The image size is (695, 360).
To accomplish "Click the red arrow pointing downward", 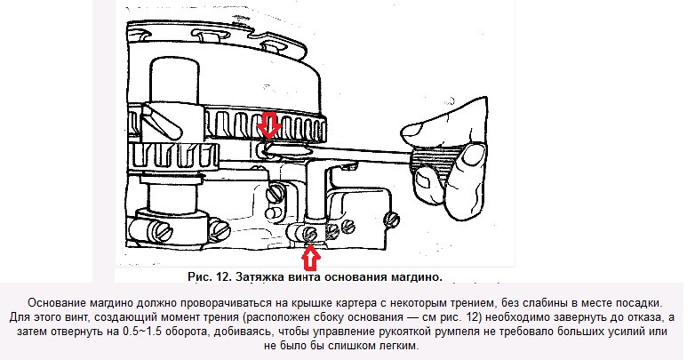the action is click(269, 124).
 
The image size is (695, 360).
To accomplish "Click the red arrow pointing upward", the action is click(311, 259).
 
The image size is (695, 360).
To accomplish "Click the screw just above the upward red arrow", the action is click(310, 234).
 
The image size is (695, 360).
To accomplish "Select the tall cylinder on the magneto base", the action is click(173, 83).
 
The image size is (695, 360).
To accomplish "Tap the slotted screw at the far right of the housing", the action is click(392, 219).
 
